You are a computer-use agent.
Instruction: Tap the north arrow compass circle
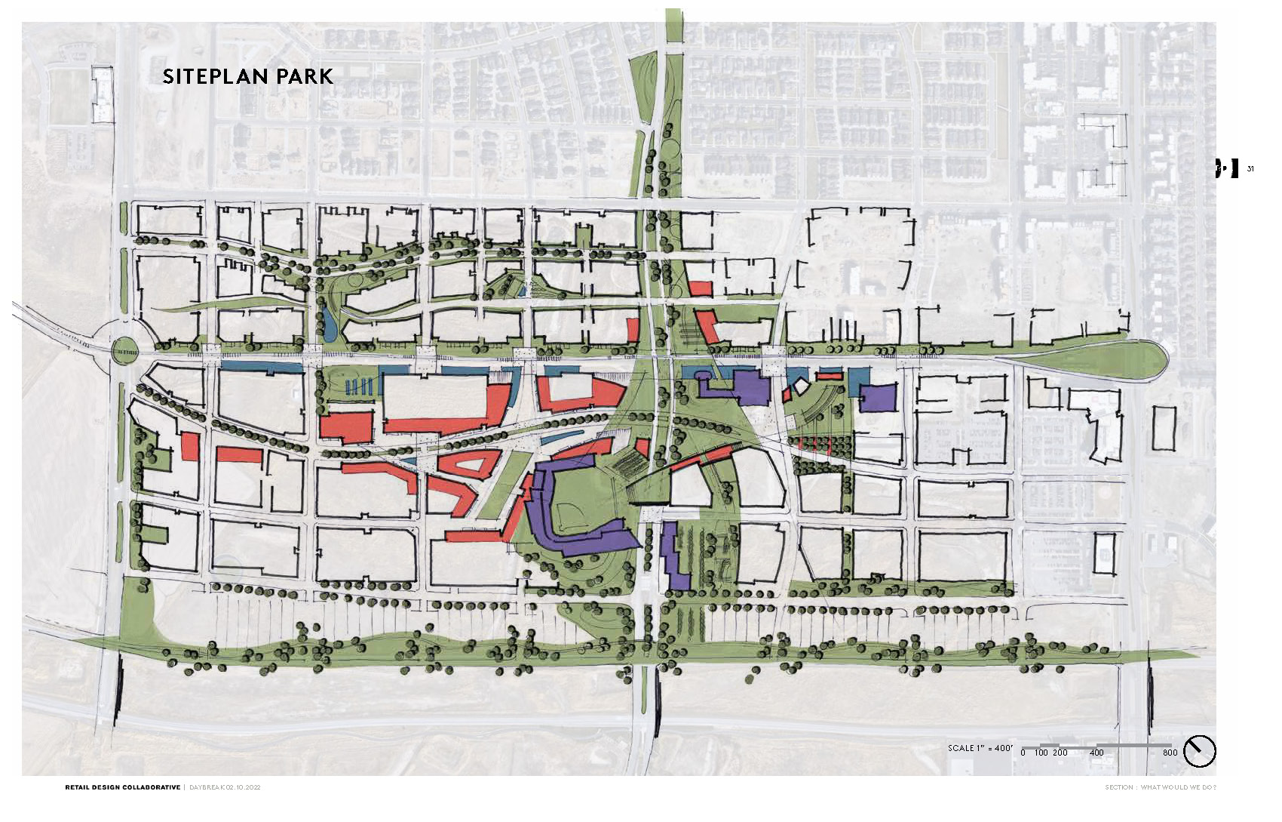click(1199, 751)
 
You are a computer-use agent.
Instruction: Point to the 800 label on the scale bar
click(1170, 753)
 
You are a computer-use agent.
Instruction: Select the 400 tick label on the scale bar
click(1096, 753)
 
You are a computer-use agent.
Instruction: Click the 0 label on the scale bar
click(1023, 753)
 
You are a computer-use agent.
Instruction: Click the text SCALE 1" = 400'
click(980, 748)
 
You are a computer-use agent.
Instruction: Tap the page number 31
click(1250, 168)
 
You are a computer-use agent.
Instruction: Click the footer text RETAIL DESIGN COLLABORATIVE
click(122, 787)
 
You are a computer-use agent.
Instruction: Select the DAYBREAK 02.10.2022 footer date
click(225, 787)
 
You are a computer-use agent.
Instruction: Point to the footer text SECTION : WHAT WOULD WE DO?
click(1161, 787)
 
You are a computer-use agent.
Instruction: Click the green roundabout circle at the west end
click(124, 349)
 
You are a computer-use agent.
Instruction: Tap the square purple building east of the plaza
click(879, 398)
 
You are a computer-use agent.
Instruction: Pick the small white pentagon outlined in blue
click(800, 386)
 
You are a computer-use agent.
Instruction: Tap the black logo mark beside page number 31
click(1227, 168)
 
